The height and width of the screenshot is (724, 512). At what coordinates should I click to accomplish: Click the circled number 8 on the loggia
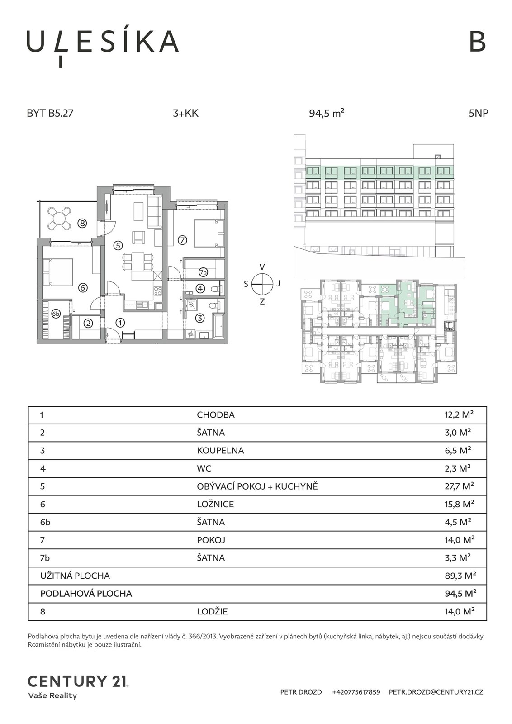tap(82, 223)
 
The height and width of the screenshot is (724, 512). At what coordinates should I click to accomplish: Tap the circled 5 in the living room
tap(118, 245)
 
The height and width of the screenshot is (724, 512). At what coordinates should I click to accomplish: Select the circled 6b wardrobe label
tap(56, 314)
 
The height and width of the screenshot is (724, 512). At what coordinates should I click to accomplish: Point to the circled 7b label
tap(203, 272)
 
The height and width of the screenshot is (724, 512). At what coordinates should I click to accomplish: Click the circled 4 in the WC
tap(200, 288)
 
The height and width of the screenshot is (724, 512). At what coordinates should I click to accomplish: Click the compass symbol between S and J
tap(262, 283)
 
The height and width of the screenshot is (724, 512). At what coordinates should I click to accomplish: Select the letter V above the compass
tap(262, 267)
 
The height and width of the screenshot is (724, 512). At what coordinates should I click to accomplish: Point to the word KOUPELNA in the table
tap(220, 451)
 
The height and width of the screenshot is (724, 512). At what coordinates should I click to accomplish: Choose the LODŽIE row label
tap(212, 611)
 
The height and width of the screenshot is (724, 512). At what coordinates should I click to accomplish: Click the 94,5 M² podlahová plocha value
tap(460, 593)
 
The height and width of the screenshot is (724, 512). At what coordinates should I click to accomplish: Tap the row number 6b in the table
tap(45, 522)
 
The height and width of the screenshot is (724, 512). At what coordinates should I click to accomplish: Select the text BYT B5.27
tap(50, 114)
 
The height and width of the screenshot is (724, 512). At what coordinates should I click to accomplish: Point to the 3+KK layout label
tap(186, 114)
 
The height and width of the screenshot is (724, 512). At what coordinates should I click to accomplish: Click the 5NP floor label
tap(479, 114)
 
